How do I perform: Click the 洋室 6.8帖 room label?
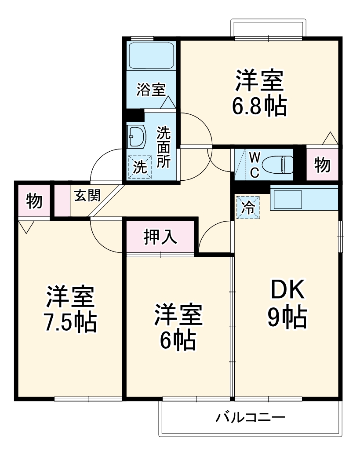click(259, 93)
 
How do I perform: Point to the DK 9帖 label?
click(287, 303)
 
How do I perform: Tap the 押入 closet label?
click(160, 237)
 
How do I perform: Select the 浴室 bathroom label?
click(151, 90)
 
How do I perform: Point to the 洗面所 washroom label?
click(164, 146)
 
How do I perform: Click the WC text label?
click(255, 165)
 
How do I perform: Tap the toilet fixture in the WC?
click(277, 165)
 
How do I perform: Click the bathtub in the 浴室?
click(151, 55)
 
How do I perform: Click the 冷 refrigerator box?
click(248, 207)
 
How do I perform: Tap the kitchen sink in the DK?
click(287, 199)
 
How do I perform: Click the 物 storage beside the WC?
click(322, 165)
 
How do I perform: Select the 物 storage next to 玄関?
click(34, 201)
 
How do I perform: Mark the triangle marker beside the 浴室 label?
click(168, 103)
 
